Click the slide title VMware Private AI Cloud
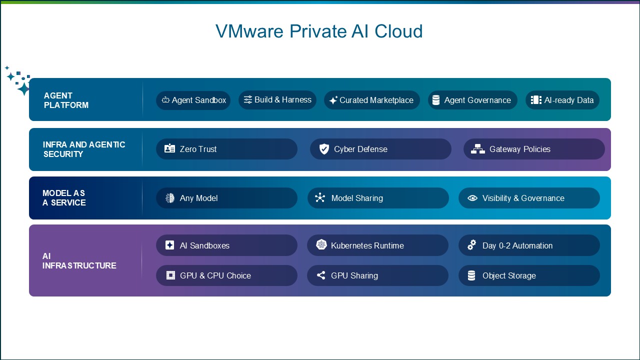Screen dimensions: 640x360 (319, 31)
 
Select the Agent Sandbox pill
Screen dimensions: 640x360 (193, 100)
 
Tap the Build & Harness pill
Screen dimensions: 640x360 (277, 100)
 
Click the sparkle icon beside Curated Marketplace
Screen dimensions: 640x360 (333, 100)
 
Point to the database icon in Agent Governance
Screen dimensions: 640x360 (436, 100)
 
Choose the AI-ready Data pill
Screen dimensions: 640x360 (562, 100)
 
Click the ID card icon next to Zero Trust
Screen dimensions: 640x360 (169, 148)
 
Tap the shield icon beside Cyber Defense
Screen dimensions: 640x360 (324, 149)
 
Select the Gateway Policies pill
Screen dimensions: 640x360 (534, 149)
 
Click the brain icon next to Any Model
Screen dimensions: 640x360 (170, 197)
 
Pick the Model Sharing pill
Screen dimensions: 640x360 (378, 198)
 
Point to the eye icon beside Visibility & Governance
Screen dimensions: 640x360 (472, 198)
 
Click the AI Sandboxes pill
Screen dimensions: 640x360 (226, 245)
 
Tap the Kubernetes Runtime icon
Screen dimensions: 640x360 (321, 244)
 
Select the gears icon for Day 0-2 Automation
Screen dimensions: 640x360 (471, 245)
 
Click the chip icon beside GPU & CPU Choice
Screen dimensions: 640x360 (170, 275)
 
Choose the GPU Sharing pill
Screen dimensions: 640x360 (377, 275)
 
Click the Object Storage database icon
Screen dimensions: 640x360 (471, 275)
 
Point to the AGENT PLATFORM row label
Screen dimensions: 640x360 (66, 100)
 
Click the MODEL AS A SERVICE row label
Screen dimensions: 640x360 (64, 197)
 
